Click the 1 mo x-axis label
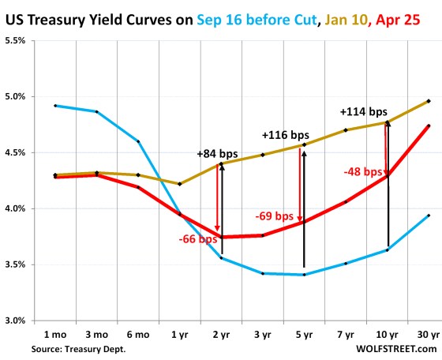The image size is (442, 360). tap(54, 336)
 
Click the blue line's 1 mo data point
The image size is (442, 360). tap(55, 105)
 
